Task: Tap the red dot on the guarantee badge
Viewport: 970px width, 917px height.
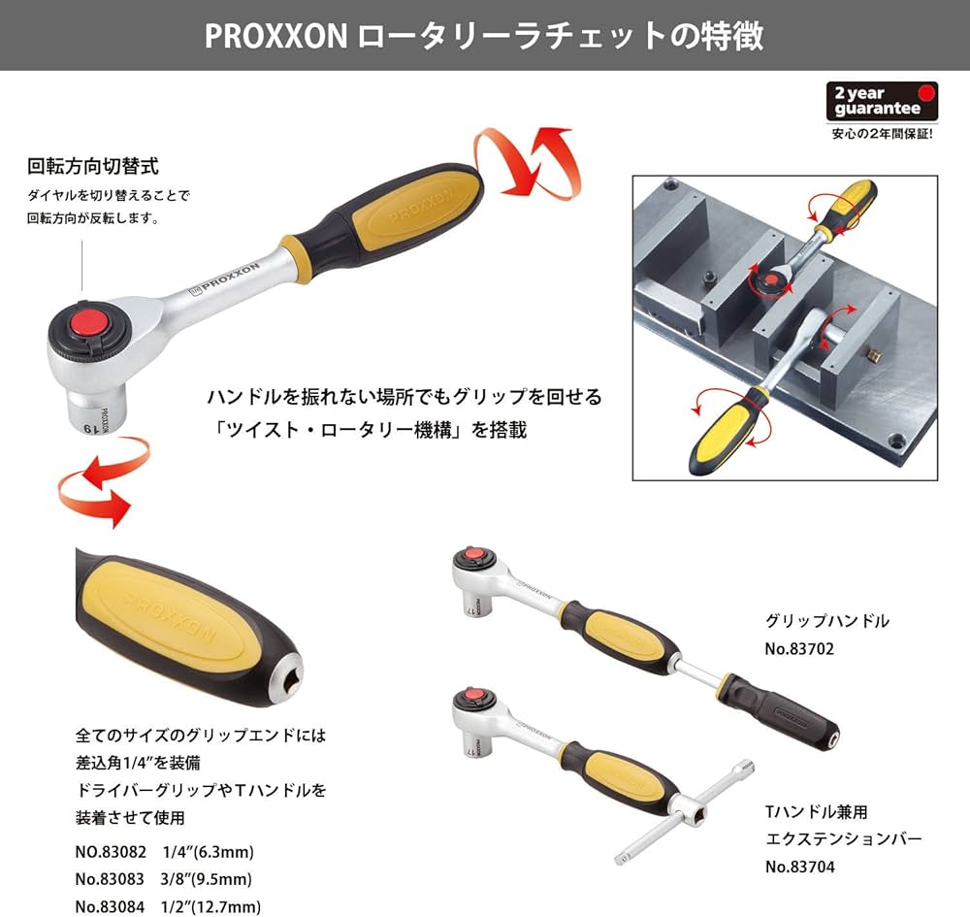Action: (928, 94)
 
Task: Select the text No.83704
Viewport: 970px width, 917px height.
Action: (799, 868)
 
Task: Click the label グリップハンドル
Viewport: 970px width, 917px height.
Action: (827, 621)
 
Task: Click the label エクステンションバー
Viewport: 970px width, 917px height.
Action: (844, 838)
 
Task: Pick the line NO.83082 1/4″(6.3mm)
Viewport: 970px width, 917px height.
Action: (164, 853)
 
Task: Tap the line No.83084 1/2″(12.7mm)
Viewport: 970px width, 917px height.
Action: (167, 907)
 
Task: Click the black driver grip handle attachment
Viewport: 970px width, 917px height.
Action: (786, 713)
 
